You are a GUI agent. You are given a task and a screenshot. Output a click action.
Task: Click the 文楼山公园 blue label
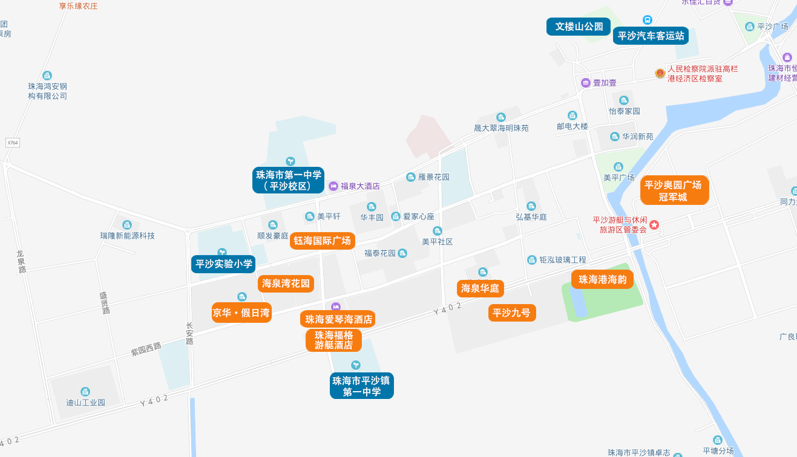579,27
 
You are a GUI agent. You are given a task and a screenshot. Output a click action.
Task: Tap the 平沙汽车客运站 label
651,36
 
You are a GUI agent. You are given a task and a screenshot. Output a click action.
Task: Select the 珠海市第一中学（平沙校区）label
288,180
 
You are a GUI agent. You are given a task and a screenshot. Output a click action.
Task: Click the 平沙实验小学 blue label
223,264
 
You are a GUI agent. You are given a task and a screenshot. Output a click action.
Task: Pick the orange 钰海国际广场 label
322,241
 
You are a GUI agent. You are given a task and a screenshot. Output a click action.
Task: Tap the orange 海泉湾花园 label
286,284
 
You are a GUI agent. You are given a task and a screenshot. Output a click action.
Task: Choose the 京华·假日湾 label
241,313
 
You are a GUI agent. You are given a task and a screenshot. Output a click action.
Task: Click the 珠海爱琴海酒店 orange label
338,319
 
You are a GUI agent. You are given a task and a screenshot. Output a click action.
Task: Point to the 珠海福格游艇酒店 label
333,340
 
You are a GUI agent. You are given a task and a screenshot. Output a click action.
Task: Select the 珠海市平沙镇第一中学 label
361,386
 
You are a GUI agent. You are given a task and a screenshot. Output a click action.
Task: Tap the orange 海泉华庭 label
480,288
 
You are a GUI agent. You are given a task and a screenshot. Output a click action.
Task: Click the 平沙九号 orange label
511,313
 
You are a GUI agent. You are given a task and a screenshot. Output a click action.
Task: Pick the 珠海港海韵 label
602,279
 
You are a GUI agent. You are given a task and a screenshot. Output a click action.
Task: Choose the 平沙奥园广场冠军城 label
674,191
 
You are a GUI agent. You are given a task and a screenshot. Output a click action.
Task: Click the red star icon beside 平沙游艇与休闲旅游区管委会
654,225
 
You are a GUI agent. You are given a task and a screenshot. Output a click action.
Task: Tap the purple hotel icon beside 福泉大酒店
333,186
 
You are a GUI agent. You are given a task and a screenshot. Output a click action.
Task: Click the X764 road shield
13,143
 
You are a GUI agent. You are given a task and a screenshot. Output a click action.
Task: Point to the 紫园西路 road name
146,349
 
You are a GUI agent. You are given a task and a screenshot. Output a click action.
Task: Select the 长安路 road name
190,333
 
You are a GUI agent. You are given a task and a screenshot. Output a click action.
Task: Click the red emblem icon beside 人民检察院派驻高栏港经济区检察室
660,73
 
